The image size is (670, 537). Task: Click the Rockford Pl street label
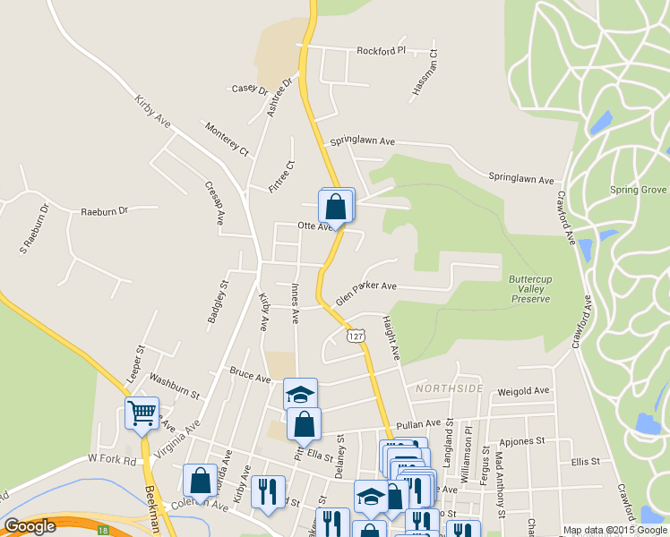381,51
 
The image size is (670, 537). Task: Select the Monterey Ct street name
227,139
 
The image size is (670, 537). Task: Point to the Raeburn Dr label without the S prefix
105,211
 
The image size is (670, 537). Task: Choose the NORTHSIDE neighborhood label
449,388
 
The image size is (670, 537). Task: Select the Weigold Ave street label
523,391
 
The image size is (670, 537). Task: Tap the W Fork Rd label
112,459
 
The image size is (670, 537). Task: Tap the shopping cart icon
142,413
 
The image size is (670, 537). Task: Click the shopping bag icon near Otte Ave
335,207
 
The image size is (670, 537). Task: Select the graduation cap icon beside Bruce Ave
300,394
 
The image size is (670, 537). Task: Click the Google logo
30,526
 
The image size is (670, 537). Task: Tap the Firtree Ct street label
281,176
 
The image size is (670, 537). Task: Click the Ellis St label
584,461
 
